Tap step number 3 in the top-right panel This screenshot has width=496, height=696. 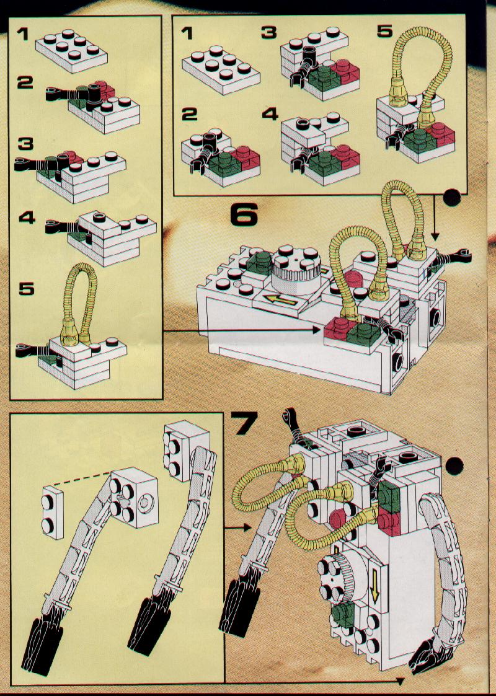[x=268, y=32]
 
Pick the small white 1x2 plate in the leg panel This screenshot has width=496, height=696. [x=52, y=511]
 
